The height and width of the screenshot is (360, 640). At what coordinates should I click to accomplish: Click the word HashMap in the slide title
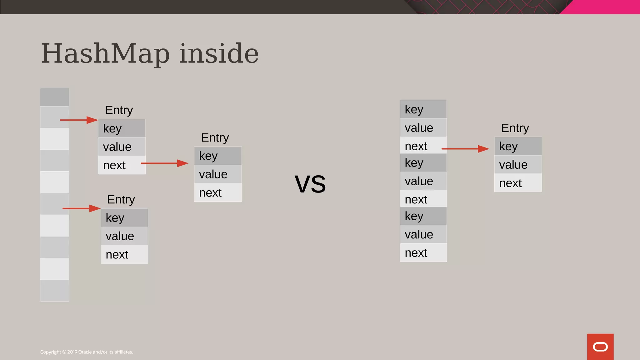coord(105,54)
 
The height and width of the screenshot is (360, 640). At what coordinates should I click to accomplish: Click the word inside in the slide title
coord(219,54)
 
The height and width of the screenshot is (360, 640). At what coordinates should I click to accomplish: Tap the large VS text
coord(310,184)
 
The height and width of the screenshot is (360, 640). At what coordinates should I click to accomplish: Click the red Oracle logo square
coord(600,347)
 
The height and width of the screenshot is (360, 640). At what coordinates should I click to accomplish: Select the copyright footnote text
coord(87,352)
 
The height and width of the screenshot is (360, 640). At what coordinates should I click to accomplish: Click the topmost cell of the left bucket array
coord(54,97)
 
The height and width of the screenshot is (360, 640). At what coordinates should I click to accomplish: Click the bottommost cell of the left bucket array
coord(54,290)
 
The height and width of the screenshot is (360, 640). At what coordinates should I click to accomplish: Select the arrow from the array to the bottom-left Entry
coord(81,208)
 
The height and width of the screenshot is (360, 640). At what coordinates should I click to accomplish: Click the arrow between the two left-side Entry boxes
coord(164,163)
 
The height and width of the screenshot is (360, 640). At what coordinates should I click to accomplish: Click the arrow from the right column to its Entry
coord(465,149)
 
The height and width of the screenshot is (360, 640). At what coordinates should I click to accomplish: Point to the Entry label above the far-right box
coord(515,128)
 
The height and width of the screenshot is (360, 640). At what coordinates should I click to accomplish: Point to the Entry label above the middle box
coord(215,138)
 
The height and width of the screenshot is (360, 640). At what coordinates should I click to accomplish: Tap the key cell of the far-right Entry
coord(518,146)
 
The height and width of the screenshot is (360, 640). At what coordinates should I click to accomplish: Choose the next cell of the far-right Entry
coord(518,183)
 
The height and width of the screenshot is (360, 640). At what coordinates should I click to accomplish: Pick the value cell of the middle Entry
coord(218,174)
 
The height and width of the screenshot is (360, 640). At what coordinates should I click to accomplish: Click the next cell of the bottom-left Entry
coord(124,255)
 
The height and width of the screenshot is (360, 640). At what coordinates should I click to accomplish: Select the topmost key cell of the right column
coord(423,109)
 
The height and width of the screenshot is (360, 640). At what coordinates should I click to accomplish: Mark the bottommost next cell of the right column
coord(423,253)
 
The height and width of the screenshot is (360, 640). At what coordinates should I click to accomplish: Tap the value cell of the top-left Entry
coord(122,147)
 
